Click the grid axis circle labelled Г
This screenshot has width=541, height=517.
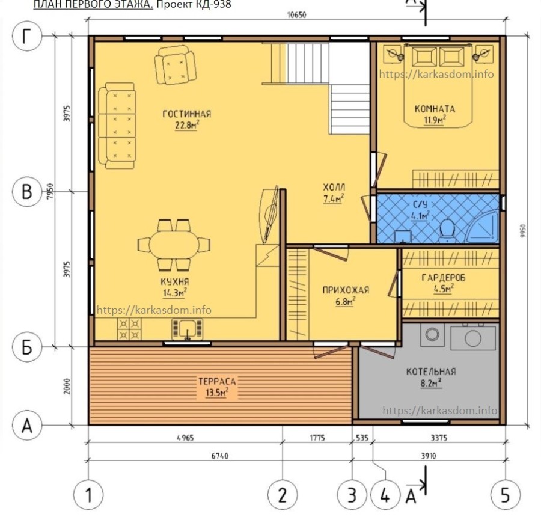(x=27, y=36)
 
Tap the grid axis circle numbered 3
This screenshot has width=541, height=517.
(x=352, y=495)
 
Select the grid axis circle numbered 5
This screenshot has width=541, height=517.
(x=505, y=495)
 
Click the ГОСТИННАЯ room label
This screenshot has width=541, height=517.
(x=187, y=114)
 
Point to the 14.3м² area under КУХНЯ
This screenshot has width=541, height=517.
(x=174, y=293)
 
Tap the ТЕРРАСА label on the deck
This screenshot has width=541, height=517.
(x=217, y=381)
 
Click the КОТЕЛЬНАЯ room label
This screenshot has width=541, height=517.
(x=431, y=372)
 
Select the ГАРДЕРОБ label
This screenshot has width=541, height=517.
(x=444, y=277)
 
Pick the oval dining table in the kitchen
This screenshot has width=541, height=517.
(x=174, y=244)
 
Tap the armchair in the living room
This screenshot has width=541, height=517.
(x=176, y=66)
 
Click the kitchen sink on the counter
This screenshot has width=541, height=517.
(x=188, y=329)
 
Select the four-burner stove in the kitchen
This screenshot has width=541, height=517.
(x=129, y=329)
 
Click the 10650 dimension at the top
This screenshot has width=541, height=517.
(x=296, y=15)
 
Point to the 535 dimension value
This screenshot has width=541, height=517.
(x=362, y=438)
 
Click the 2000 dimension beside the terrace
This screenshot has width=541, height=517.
(x=67, y=386)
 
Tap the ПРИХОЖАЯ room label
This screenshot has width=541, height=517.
(x=346, y=290)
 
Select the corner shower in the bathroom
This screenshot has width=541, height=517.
(x=482, y=227)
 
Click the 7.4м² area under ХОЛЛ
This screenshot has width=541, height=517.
(x=333, y=199)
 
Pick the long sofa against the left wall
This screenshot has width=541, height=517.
(x=117, y=126)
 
